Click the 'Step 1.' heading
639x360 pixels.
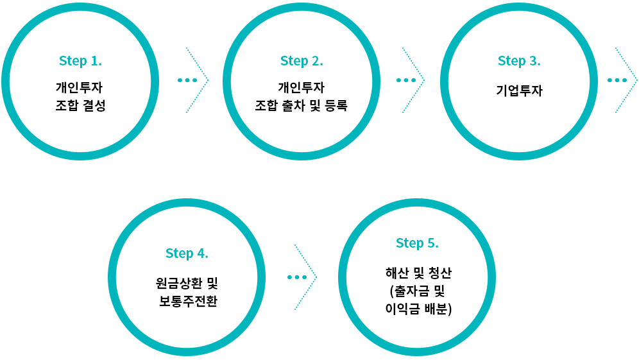coord(80,61)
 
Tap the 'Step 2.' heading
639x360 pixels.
coord(302,61)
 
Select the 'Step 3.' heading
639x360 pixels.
coord(519,61)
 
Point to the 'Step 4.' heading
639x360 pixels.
coord(187,253)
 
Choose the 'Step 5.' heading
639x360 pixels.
coord(417,243)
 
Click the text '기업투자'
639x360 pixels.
coord(519,90)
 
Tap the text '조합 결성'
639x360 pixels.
coord(80,105)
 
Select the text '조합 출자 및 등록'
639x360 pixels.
coord(302,105)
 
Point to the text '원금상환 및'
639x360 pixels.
coord(187,282)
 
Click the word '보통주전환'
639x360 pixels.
coord(188,301)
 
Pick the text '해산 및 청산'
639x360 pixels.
coord(417,273)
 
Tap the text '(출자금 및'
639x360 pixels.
coord(418,291)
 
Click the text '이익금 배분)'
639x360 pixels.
coord(418,309)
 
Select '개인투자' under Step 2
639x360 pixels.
coord(302,87)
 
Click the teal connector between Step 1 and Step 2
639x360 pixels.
coord(197,80)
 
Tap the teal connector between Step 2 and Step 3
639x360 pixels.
coord(413,80)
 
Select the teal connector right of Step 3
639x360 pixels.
coord(626,80)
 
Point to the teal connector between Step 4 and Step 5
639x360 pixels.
coord(305,277)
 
